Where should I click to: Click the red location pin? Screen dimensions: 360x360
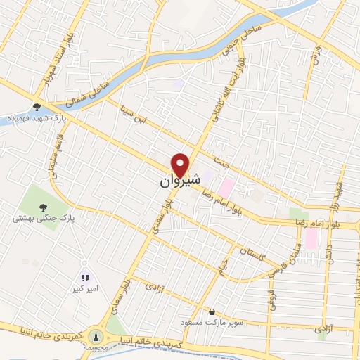point(181,165)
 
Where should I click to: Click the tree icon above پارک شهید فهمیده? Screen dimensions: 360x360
point(37,107)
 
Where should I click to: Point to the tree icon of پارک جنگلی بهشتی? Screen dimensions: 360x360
point(44,207)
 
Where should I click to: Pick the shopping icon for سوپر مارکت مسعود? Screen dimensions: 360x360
point(212,311)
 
